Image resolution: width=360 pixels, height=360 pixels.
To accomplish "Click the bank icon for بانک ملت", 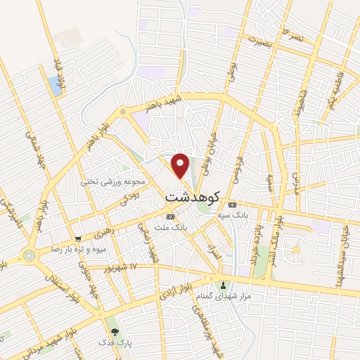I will tap(170, 217).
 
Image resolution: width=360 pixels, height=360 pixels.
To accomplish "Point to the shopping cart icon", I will tap(78, 238).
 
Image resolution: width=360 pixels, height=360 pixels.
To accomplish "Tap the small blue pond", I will tap(55, 86).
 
